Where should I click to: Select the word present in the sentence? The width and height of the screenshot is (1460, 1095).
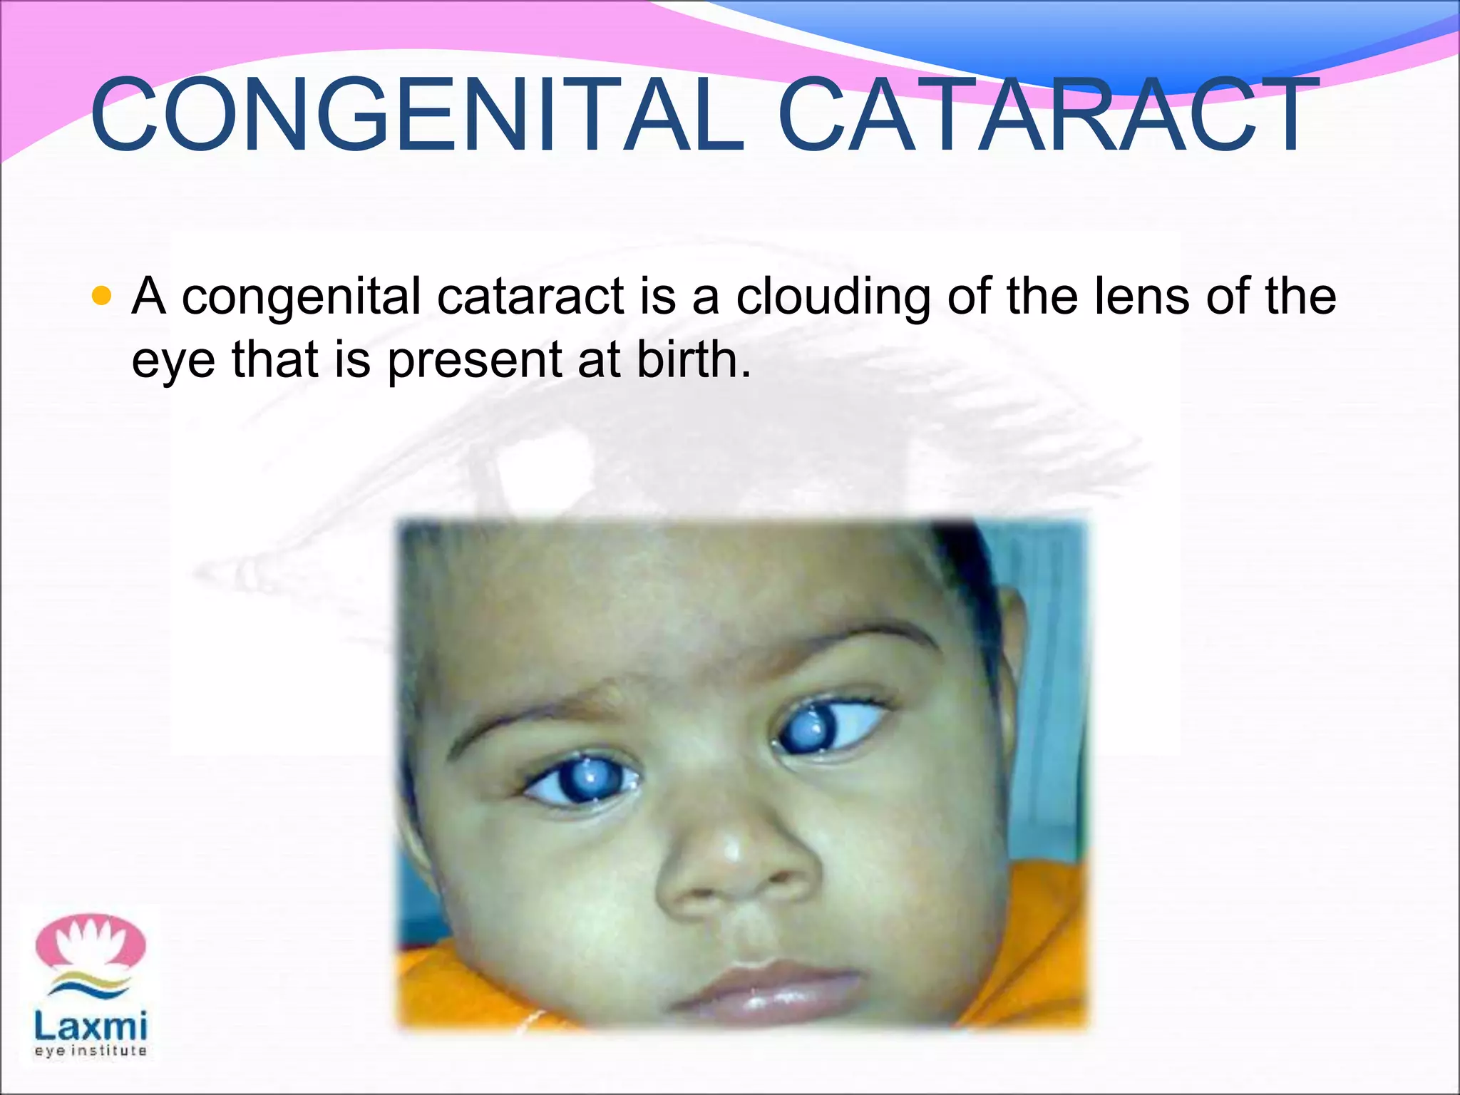474,361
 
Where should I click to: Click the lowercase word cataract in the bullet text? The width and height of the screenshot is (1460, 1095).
530,297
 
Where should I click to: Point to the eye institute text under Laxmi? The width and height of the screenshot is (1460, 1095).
91,1051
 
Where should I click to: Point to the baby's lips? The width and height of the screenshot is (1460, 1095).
770,987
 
